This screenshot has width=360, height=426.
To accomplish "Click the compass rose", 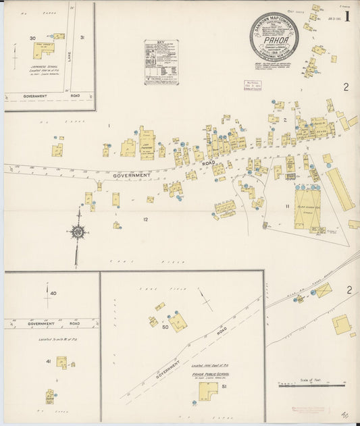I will click(x=78, y=233).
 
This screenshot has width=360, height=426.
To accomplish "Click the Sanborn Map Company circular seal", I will click(x=274, y=36).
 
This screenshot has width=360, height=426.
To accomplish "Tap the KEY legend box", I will click(x=161, y=62).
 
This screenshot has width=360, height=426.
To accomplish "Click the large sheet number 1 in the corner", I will click(x=347, y=16).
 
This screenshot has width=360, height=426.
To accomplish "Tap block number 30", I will click(x=32, y=38).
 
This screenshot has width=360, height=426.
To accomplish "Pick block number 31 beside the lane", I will click(x=82, y=38).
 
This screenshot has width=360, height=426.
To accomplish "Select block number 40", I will click(x=53, y=293).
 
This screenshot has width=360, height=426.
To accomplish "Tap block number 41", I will click(x=48, y=362).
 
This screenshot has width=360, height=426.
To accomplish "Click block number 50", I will click(x=164, y=327).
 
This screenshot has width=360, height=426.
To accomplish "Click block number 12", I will click(x=145, y=219).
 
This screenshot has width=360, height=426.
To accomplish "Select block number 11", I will click(x=287, y=206).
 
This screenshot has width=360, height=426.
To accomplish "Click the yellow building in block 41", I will click(x=61, y=362).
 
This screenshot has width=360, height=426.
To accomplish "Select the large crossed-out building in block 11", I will click(x=307, y=208).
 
